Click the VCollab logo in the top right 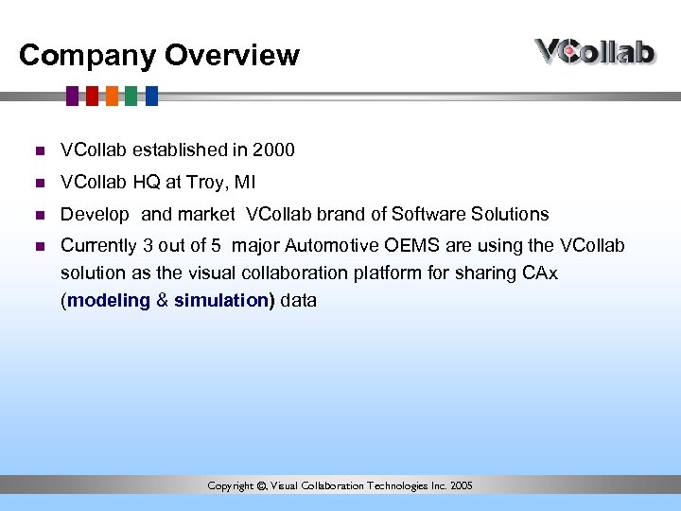595,51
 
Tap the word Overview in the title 232,56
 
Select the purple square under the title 72,96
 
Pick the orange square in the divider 112,96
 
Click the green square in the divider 131,96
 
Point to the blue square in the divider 150,96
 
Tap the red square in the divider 92,96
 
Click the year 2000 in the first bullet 274,150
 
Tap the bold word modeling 109,300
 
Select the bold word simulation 221,300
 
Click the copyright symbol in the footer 261,486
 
